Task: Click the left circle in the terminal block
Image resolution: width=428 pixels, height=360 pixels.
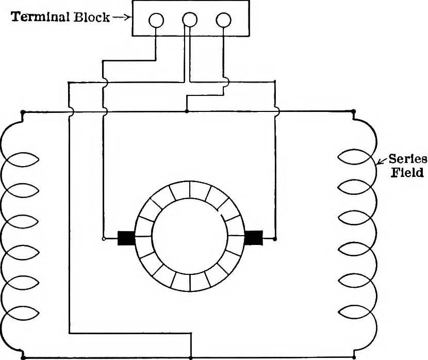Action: pos(156,20)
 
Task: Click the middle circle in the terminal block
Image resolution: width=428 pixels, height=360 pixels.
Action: pos(189,20)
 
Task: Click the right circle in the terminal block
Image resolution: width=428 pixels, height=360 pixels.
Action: pos(223,20)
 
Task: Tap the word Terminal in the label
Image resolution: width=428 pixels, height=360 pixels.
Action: pos(40,17)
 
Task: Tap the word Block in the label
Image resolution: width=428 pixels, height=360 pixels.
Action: pos(92,17)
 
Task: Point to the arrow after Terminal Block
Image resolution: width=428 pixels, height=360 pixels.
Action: pos(121,18)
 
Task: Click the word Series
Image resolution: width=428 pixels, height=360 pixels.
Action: pos(407,158)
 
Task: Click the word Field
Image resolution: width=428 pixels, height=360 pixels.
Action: pos(407,172)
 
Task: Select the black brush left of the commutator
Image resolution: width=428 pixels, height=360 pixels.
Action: pos(126,238)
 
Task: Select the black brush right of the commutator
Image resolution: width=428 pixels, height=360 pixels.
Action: pos(254,238)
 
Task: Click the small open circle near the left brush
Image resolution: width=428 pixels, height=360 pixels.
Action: pos(103,239)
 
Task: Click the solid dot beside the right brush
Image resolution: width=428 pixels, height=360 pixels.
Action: pos(275,239)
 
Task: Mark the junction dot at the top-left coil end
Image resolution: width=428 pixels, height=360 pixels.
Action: pos(23,112)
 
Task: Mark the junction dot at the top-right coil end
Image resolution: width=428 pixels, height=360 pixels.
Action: pos(354,111)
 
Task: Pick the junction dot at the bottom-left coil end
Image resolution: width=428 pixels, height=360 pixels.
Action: pos(23,357)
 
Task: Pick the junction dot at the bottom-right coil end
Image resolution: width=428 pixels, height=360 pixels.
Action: pos(354,357)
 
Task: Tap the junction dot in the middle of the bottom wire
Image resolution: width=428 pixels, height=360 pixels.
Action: pos(191,357)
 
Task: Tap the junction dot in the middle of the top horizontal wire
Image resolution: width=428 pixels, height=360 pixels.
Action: pos(187,111)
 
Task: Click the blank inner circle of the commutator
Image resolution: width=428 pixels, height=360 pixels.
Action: pos(189,236)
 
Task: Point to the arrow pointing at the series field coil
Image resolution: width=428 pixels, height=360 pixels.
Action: pos(382,161)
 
